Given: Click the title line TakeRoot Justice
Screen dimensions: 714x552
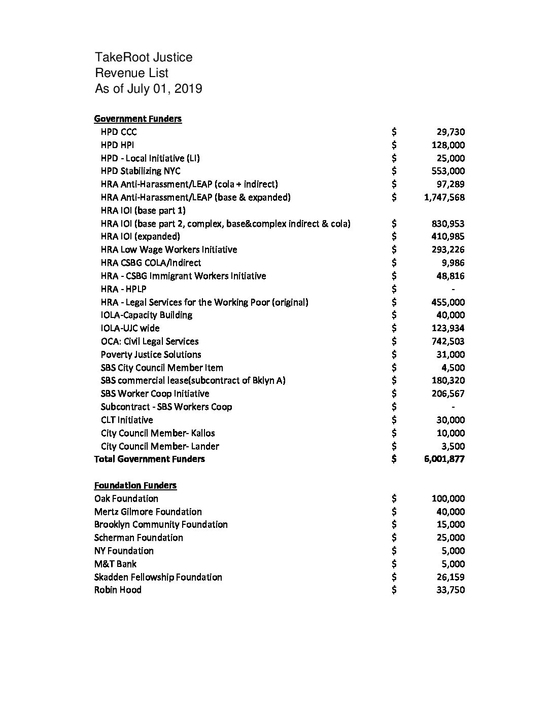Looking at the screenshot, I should tap(144, 57).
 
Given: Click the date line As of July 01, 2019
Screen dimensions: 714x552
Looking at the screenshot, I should tap(148, 89).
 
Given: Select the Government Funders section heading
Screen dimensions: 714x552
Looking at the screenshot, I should tap(137, 119).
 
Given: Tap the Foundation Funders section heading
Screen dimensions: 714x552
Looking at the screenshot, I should tap(135, 485).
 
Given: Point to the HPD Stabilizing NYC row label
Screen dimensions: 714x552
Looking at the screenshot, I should tap(140, 171).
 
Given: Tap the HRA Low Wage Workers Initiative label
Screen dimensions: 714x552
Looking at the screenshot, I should tap(168, 249).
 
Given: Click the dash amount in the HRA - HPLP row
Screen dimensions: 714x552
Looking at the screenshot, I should tap(453, 289).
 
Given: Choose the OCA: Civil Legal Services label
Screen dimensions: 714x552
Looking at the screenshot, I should tap(149, 341).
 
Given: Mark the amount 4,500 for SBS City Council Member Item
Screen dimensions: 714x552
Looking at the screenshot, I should tap(453, 368).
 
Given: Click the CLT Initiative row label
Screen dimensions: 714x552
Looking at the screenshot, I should tap(126, 420).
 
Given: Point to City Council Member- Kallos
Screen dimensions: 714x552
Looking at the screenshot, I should tap(157, 433).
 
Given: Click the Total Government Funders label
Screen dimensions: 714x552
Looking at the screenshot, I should tap(149, 459).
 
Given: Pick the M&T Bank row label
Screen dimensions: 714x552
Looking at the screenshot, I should tap(115, 564).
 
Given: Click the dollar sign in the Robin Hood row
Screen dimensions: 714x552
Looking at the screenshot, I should tap(394, 590).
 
